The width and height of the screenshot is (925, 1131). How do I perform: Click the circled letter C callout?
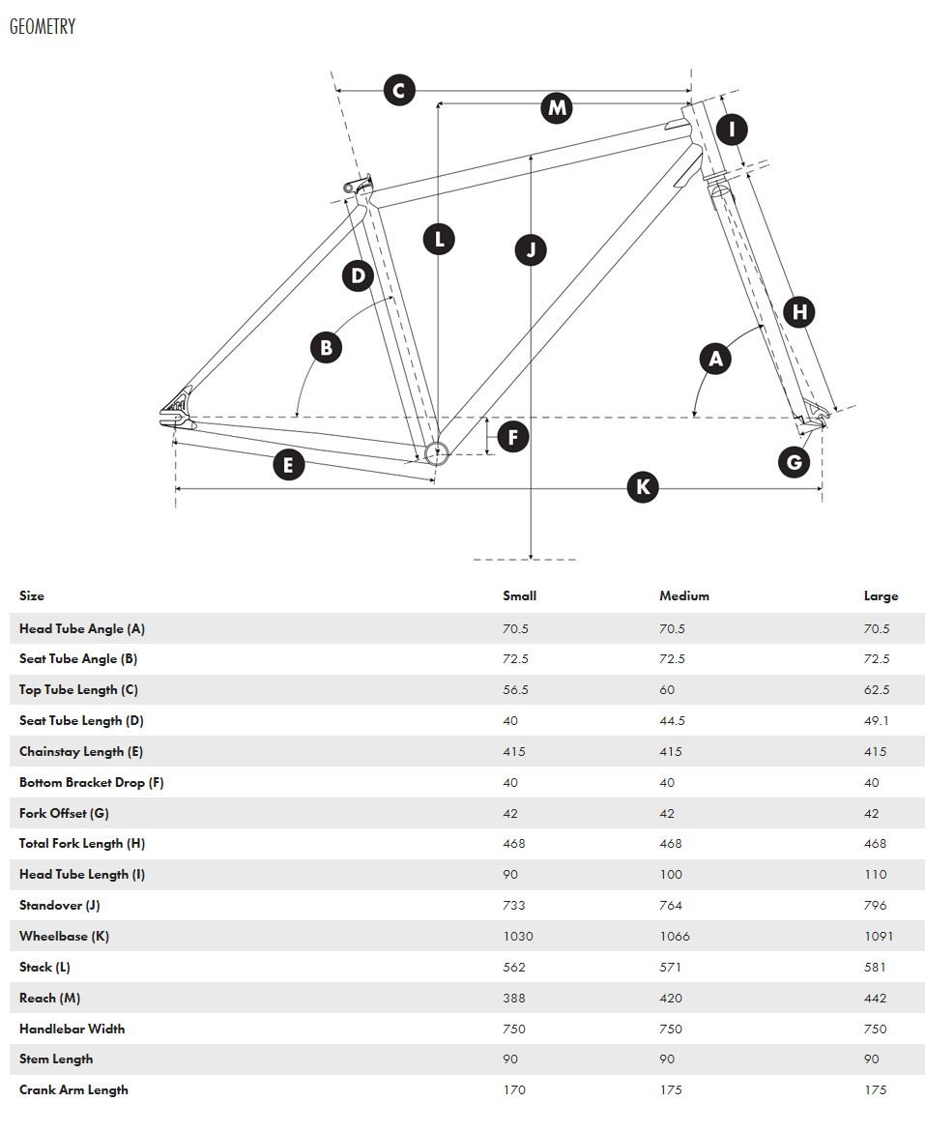click(x=398, y=91)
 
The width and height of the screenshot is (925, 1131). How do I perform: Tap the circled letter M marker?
click(x=557, y=107)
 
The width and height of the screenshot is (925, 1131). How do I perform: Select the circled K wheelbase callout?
click(x=643, y=486)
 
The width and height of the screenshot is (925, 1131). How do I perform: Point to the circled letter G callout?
click(x=795, y=462)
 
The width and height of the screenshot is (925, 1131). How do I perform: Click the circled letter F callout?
click(x=512, y=437)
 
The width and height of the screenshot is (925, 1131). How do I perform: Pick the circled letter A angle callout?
click(x=715, y=359)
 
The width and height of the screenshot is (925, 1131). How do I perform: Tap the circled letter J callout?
click(x=531, y=249)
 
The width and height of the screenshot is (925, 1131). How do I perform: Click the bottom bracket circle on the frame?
click(x=434, y=451)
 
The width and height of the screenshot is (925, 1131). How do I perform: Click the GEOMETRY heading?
click(x=43, y=27)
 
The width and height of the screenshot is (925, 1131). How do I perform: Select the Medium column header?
click(x=684, y=596)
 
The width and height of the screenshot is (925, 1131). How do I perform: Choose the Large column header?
click(x=881, y=596)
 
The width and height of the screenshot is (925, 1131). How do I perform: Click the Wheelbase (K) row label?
click(x=64, y=937)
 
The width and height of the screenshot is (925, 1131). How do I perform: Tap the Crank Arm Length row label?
click(x=73, y=1090)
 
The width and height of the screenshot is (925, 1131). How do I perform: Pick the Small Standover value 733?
click(x=514, y=906)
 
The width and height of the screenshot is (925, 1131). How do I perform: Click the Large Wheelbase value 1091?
click(x=879, y=937)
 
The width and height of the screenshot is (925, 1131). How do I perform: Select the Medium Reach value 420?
click(x=671, y=999)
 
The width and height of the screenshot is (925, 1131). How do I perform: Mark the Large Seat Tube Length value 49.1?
click(x=877, y=721)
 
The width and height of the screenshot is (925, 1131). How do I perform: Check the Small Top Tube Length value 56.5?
click(x=514, y=690)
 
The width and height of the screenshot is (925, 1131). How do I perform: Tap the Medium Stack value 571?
click(x=670, y=968)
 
